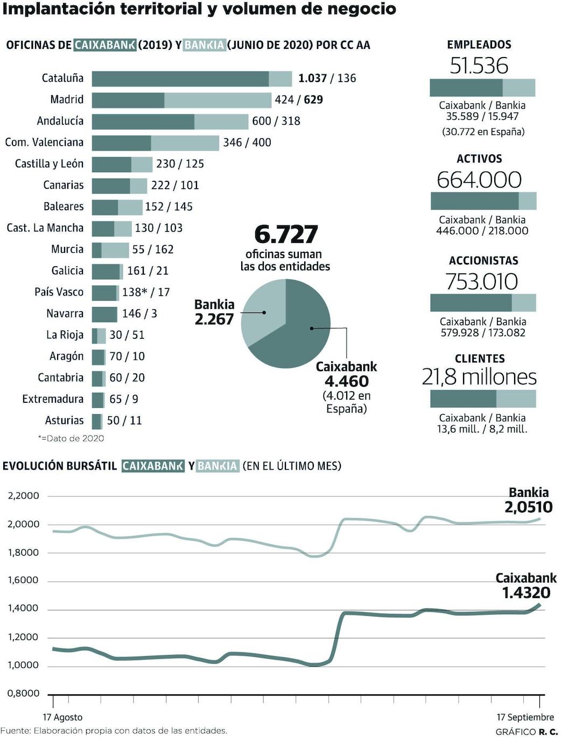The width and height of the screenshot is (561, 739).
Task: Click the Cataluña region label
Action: click(x=62, y=78)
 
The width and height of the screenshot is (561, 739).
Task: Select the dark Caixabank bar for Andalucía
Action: click(x=143, y=121)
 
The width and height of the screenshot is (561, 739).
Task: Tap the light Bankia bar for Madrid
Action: click(x=218, y=100)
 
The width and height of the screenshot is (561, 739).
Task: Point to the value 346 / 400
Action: click(x=247, y=143)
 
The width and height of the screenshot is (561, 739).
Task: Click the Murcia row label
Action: click(x=67, y=249)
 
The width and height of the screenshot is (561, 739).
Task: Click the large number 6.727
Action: click(x=286, y=234)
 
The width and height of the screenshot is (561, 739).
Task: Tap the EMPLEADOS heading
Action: click(x=479, y=45)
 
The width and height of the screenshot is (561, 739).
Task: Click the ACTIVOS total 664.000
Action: click(x=479, y=180)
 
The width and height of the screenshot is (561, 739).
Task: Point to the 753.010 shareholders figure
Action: click(x=481, y=281)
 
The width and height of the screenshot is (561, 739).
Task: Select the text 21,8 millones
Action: click(x=479, y=377)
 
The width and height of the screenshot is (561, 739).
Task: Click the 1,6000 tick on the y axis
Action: click(x=23, y=580)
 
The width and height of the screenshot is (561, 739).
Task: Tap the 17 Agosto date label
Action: click(x=62, y=717)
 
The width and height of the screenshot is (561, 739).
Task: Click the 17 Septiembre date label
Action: click(x=525, y=717)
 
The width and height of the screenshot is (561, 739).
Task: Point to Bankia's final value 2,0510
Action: click(x=528, y=507)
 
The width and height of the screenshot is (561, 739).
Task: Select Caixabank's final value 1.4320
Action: click(x=526, y=593)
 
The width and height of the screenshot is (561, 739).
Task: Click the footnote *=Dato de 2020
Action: click(x=71, y=438)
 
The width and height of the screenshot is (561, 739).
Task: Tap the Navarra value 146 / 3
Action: click(x=139, y=314)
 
